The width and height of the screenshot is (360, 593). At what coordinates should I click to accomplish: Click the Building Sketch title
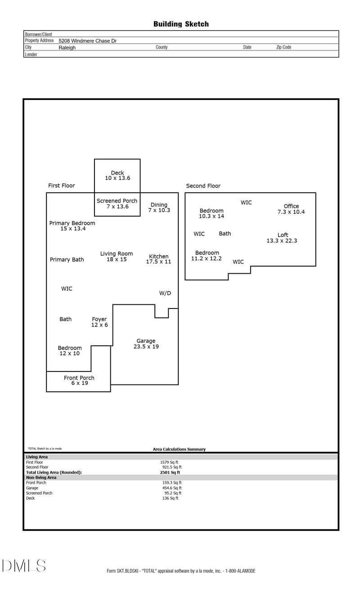coord(181,24)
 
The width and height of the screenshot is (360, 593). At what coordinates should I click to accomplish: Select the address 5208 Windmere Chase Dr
coord(87,41)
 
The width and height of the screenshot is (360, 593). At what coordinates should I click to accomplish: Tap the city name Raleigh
coord(67,47)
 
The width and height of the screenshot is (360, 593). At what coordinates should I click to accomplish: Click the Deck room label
coord(117,175)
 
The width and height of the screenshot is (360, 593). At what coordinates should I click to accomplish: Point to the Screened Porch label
coord(117,204)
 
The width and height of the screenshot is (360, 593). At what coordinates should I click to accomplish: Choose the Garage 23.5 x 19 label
coord(146,344)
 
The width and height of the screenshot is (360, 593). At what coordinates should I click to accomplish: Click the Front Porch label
coord(79,380)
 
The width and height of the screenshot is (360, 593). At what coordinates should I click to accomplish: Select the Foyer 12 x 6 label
coord(99,322)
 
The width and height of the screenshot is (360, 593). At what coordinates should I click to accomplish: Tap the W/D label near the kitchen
coord(165,293)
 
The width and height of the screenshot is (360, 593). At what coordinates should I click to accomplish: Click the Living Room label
coord(117,257)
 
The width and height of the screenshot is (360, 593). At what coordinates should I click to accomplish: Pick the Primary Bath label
coord(67,259)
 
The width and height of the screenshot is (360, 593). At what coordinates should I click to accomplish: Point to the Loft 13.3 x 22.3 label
coord(282,238)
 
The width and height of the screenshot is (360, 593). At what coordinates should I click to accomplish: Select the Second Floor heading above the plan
coord(203,186)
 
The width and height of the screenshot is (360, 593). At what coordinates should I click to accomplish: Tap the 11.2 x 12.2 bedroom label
coord(207,255)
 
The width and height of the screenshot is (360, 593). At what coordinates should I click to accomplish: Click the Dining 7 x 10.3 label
coord(159,207)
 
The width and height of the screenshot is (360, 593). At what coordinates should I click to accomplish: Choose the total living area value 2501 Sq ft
coord(170,472)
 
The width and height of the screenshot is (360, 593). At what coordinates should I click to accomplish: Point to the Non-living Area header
coord(41,477)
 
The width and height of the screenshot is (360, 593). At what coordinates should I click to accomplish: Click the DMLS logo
coord(23,566)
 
